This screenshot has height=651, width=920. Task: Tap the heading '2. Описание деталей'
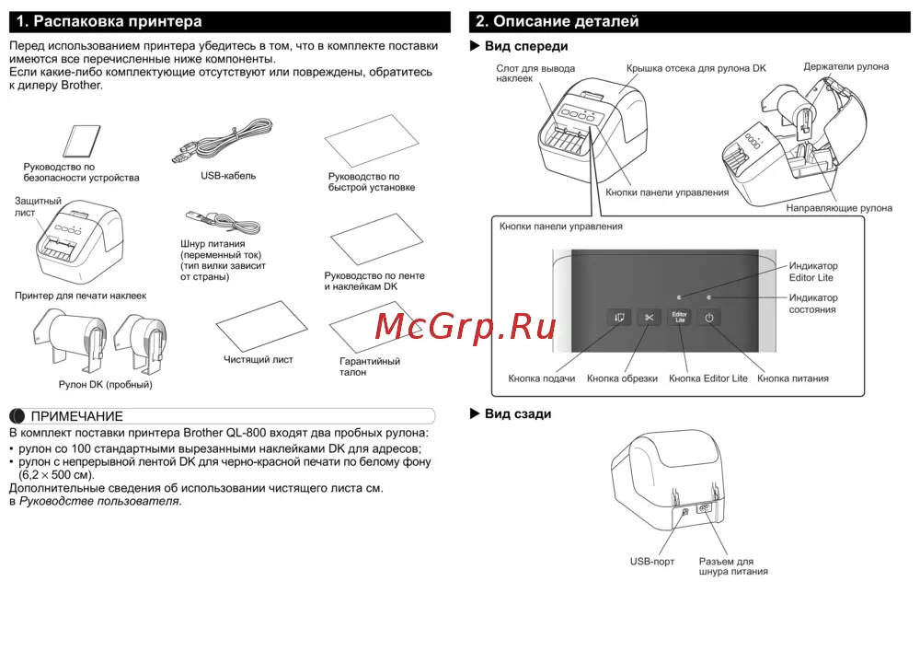557,21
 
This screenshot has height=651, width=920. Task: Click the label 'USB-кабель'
228,175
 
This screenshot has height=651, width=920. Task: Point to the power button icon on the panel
709,318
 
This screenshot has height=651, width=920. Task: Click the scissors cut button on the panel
649,318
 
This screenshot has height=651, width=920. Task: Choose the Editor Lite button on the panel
679,318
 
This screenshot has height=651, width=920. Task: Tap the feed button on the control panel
617,318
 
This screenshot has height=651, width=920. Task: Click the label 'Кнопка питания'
792,378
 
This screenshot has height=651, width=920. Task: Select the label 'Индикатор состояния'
813,304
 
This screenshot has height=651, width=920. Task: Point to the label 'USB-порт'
652,561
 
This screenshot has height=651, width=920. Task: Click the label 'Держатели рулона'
845,67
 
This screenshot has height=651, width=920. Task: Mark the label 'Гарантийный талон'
370,366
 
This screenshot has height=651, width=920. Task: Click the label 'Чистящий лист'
259,360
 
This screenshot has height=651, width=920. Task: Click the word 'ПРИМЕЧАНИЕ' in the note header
77,416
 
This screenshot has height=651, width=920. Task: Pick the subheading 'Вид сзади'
517,414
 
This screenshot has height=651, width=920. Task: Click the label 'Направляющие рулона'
838,208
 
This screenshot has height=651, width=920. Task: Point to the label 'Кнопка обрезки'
622,378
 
